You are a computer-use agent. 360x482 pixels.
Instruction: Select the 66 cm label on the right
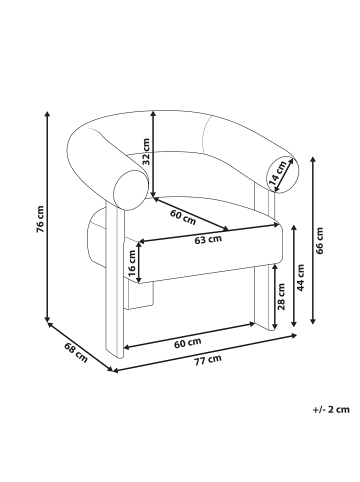pos(320,239)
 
